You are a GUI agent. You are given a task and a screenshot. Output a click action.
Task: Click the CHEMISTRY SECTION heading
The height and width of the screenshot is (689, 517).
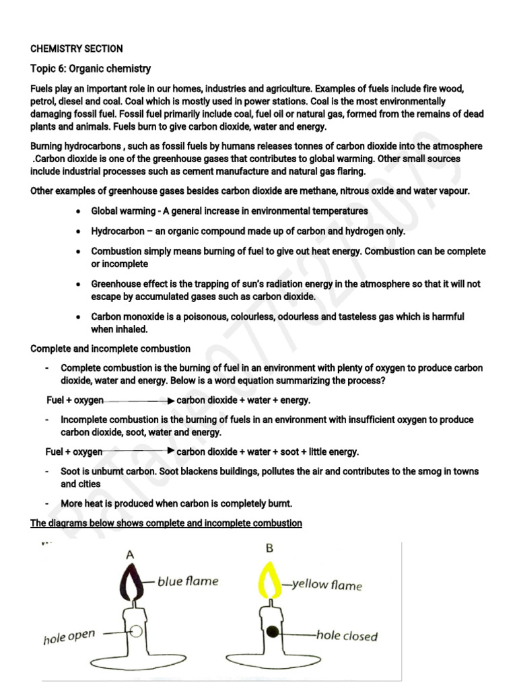[77, 48]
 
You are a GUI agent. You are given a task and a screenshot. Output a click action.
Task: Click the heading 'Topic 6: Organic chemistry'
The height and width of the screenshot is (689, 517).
[91, 69]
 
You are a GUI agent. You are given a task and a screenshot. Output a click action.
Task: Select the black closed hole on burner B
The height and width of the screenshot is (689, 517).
[273, 632]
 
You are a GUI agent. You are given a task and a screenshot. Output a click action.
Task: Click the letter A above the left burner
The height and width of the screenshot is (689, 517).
[129, 555]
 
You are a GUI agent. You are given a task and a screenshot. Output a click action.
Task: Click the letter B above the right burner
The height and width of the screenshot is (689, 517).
[269, 548]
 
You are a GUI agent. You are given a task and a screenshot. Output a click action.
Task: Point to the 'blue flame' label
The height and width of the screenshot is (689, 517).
[188, 581]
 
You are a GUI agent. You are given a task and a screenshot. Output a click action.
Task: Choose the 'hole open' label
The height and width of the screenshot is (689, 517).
[69, 637]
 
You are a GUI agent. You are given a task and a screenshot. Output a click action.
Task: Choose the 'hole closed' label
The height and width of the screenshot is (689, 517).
[347, 636]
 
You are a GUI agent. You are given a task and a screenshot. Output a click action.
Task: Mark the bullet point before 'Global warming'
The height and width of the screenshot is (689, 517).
[79, 211]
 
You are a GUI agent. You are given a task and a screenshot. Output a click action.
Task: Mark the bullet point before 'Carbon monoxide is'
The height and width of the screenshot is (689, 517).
[79, 316]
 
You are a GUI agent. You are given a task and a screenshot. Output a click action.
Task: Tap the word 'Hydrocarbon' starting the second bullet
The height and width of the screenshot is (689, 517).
[117, 231]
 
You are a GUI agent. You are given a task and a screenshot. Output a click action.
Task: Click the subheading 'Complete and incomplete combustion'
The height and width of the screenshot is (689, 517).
[110, 349]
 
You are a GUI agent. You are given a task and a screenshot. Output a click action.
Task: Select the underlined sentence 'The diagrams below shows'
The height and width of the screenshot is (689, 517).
[166, 523]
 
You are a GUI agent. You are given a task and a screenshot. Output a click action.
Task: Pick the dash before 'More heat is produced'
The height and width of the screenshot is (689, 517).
[47, 503]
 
